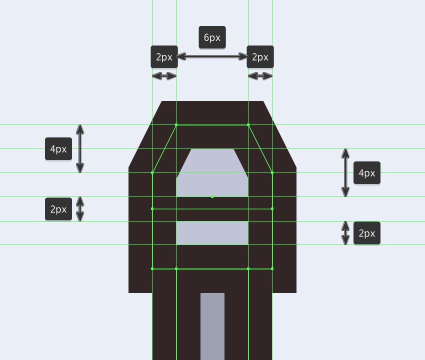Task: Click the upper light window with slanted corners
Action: [212, 172]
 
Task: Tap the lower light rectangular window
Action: [212, 233]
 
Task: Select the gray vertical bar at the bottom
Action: [212, 326]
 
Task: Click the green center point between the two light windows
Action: [212, 197]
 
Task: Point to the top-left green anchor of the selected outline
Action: [176, 125]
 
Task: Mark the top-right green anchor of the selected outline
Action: [248, 125]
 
